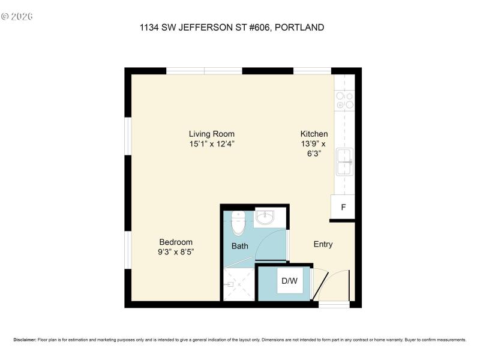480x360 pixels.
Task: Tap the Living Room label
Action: coord(211,134)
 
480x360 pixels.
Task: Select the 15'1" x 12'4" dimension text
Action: coord(211,144)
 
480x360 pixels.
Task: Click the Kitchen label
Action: coord(314,134)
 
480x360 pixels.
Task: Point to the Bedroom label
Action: coord(176,242)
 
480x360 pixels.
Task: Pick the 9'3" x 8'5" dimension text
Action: coord(176,252)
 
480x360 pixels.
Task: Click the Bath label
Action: coord(240,246)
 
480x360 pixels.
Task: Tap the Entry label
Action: coord(323,244)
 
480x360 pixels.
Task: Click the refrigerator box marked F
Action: coord(343,208)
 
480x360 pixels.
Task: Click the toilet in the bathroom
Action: coord(238,223)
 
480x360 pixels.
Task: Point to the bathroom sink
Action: coord(265,217)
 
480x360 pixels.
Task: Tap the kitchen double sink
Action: coord(344,161)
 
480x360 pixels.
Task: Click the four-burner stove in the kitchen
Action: coord(344,100)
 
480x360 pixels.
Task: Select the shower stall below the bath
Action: coord(238,283)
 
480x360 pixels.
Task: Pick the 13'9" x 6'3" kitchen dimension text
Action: coord(314,148)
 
